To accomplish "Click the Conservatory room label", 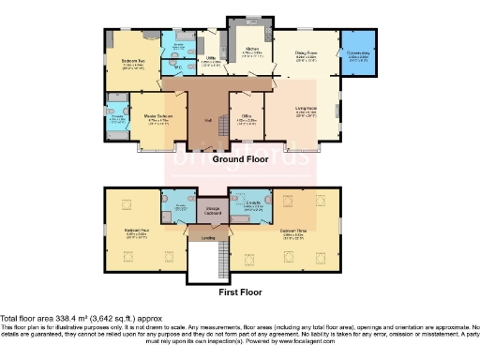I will pos(359,54).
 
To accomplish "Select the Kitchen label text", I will pos(252,50).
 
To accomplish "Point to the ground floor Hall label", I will pos(207,121).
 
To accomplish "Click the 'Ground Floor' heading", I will pos(240,159).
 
